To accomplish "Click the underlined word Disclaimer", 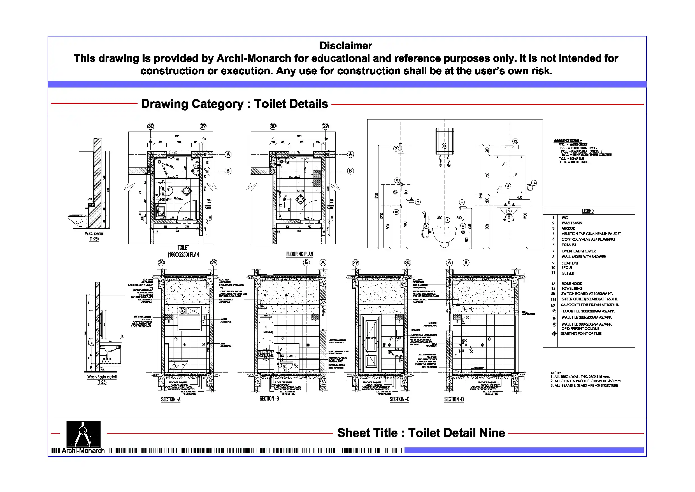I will point(345,46).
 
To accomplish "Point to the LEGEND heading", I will point(587,211).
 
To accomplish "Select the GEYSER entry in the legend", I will point(568,273).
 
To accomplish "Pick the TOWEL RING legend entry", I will point(571,289).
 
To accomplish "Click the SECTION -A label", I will point(171,399).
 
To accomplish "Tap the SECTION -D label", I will point(454,399).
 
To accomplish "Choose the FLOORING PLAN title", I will point(299,254).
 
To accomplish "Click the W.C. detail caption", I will point(94,234).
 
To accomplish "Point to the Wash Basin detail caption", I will point(102,377).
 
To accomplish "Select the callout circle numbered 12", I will point(515,141).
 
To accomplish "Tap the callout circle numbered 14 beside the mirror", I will point(534,183).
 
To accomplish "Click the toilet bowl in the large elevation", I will point(444,234).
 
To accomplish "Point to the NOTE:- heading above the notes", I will point(556,373).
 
